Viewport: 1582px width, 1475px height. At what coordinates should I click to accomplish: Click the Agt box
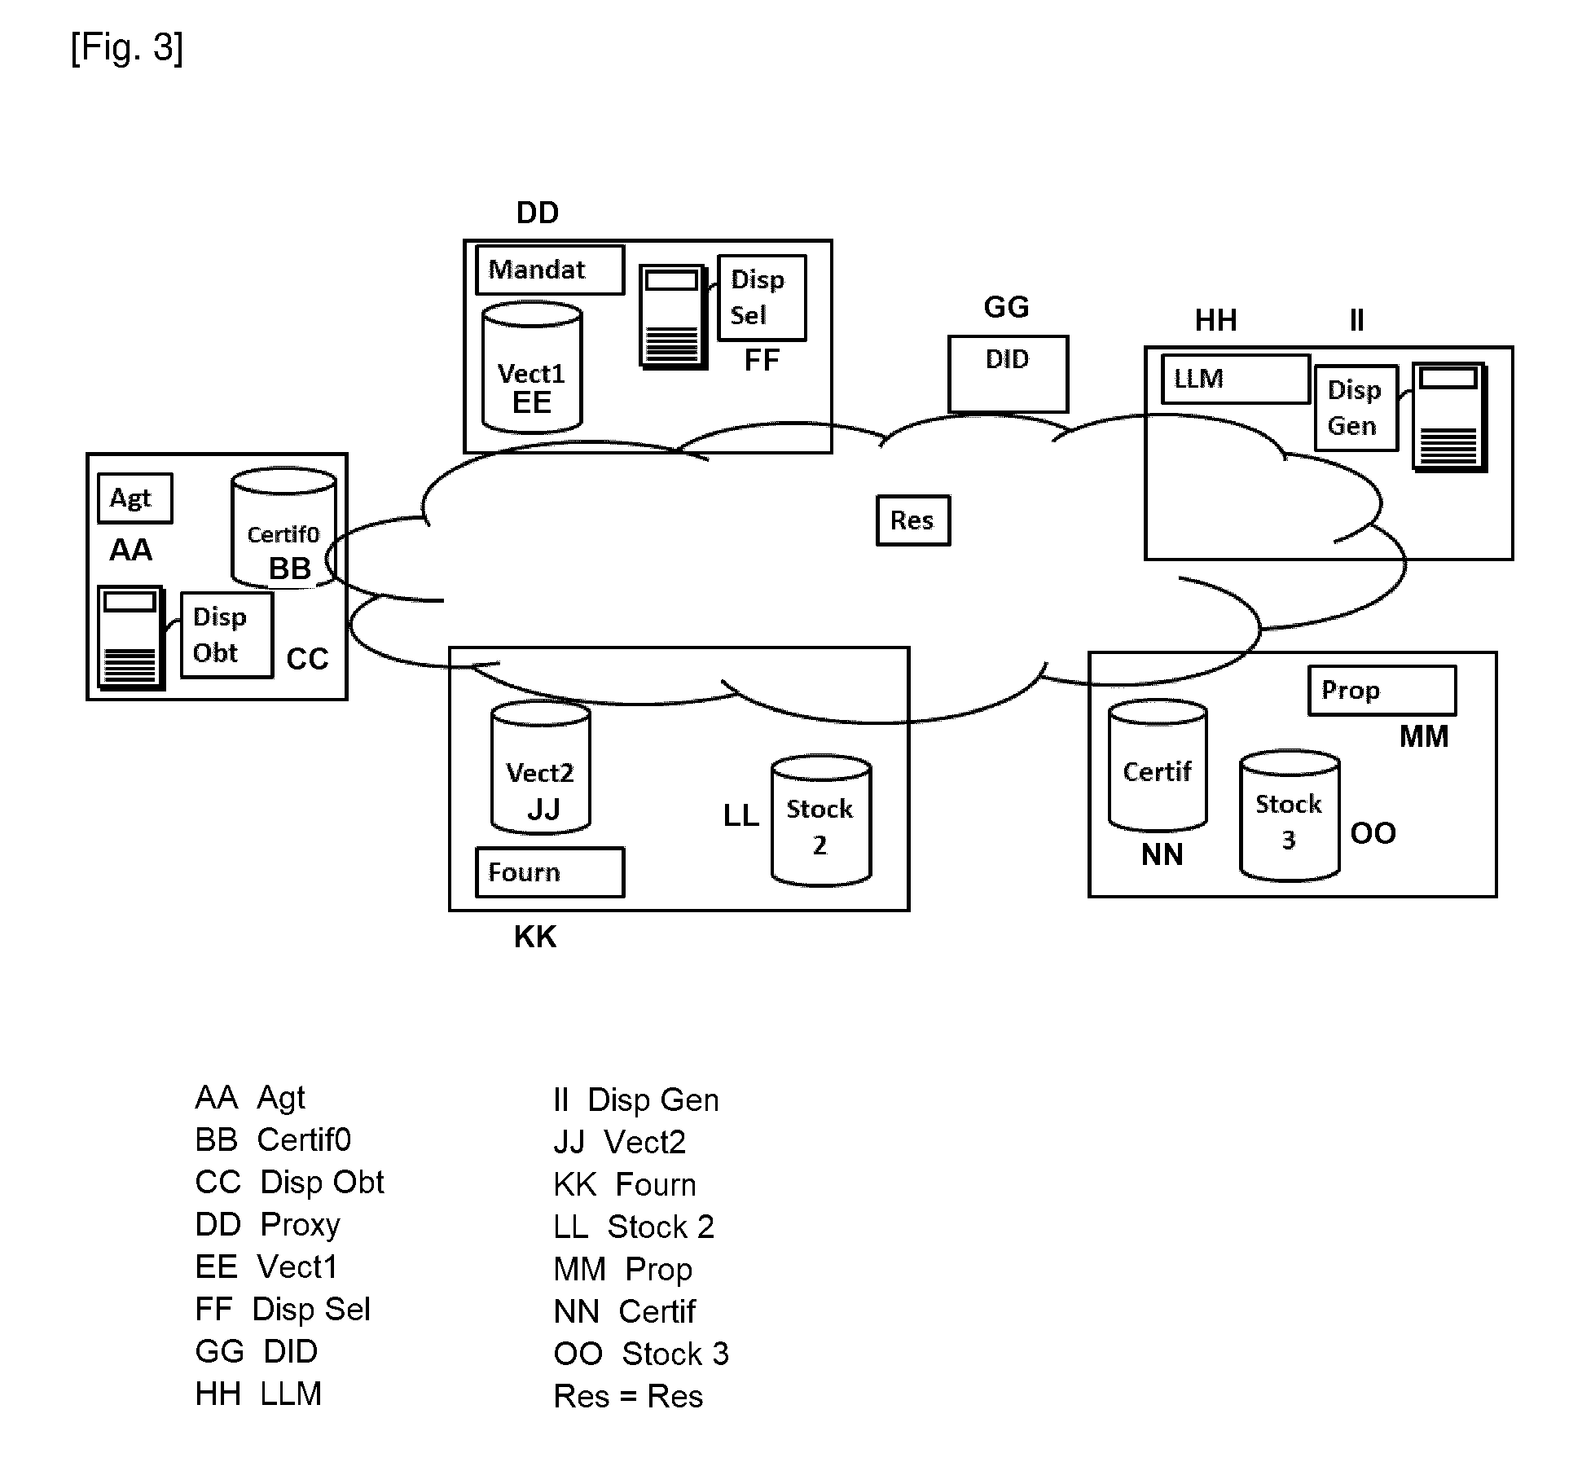pyautogui.click(x=134, y=498)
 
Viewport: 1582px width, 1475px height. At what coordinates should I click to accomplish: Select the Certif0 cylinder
pyautogui.click(x=283, y=528)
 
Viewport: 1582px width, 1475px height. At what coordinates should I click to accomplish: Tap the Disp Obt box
pyautogui.click(x=226, y=634)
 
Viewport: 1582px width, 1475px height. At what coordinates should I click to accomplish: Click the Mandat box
pyautogui.click(x=550, y=270)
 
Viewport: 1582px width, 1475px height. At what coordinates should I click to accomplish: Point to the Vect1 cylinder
pyautogui.click(x=532, y=367)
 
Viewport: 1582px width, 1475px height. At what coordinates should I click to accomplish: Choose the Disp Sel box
pyautogui.click(x=762, y=297)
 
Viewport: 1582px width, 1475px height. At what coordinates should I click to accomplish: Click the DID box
pyautogui.click(x=1008, y=374)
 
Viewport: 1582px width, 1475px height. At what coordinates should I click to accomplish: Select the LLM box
pyautogui.click(x=1235, y=379)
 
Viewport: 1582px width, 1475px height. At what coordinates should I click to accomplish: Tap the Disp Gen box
pyautogui.click(x=1356, y=408)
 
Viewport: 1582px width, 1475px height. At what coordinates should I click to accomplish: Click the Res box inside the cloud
pyautogui.click(x=913, y=520)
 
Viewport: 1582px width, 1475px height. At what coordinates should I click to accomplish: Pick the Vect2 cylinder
pyautogui.click(x=541, y=767)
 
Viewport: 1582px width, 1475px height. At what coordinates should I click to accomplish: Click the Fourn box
pyautogui.click(x=550, y=872)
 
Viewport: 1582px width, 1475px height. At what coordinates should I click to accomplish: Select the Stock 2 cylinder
pyautogui.click(x=821, y=820)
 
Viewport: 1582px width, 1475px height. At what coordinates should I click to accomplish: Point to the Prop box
pyautogui.click(x=1382, y=691)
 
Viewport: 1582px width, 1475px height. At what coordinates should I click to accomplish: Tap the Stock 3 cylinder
pyautogui.click(x=1290, y=815)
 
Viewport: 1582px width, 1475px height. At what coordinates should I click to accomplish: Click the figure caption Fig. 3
pyautogui.click(x=127, y=47)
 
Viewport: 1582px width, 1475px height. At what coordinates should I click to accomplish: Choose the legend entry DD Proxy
pyautogui.click(x=267, y=1225)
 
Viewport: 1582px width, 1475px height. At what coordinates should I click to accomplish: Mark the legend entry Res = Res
pyautogui.click(x=628, y=1396)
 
